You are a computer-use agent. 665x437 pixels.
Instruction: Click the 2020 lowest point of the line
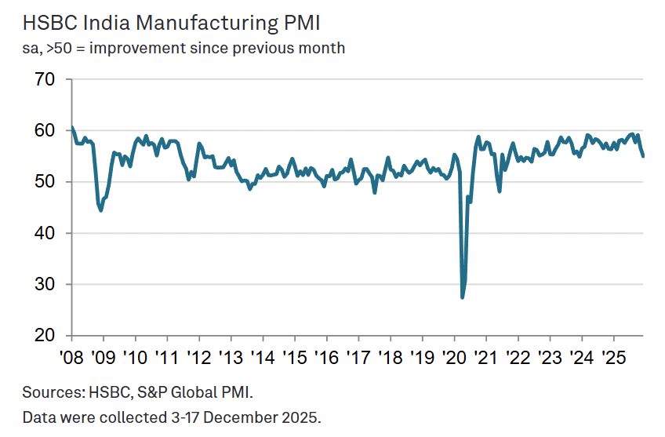coord(462,297)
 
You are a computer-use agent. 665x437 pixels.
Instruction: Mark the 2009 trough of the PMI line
coord(101,210)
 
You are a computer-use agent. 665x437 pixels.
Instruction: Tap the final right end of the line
coord(643,156)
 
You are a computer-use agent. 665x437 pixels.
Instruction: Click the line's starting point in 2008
coord(71,127)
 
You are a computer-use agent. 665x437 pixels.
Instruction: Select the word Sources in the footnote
coord(49,391)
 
